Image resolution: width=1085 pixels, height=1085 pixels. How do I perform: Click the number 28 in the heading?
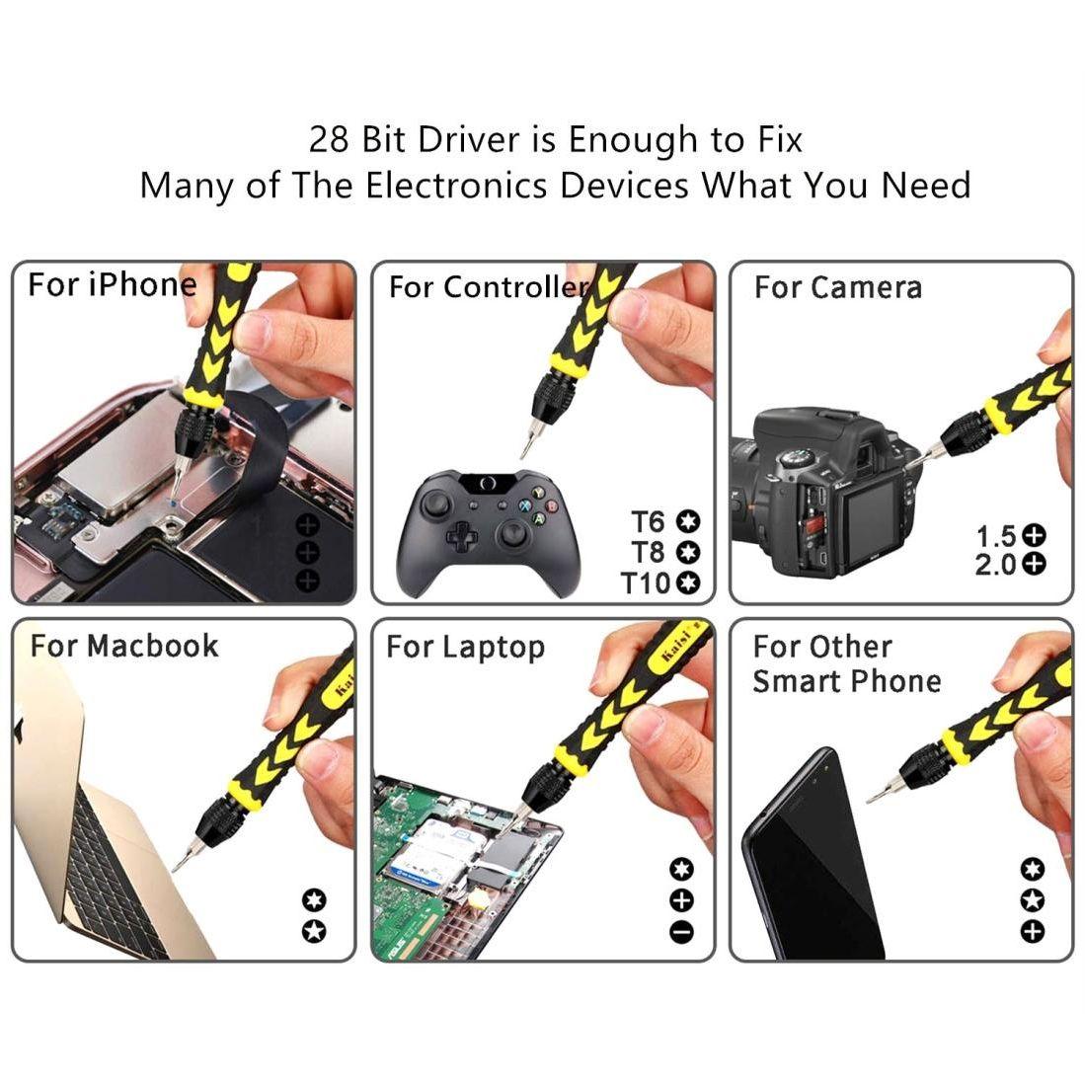[330, 139]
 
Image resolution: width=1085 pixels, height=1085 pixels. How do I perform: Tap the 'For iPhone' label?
[112, 285]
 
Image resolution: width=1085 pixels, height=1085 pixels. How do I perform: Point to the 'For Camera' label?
[837, 287]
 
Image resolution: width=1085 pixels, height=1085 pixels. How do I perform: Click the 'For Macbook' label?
[123, 646]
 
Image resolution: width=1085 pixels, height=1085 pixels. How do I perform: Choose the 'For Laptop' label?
[465, 648]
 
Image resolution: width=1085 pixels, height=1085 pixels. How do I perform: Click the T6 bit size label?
[650, 520]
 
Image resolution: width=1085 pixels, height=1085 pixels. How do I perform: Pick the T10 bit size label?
[646, 583]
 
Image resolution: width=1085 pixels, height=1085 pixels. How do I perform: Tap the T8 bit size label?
[650, 552]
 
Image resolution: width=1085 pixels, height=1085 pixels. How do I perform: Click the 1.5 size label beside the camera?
[995, 536]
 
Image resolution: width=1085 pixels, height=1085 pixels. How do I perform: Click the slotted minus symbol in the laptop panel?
[681, 931]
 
